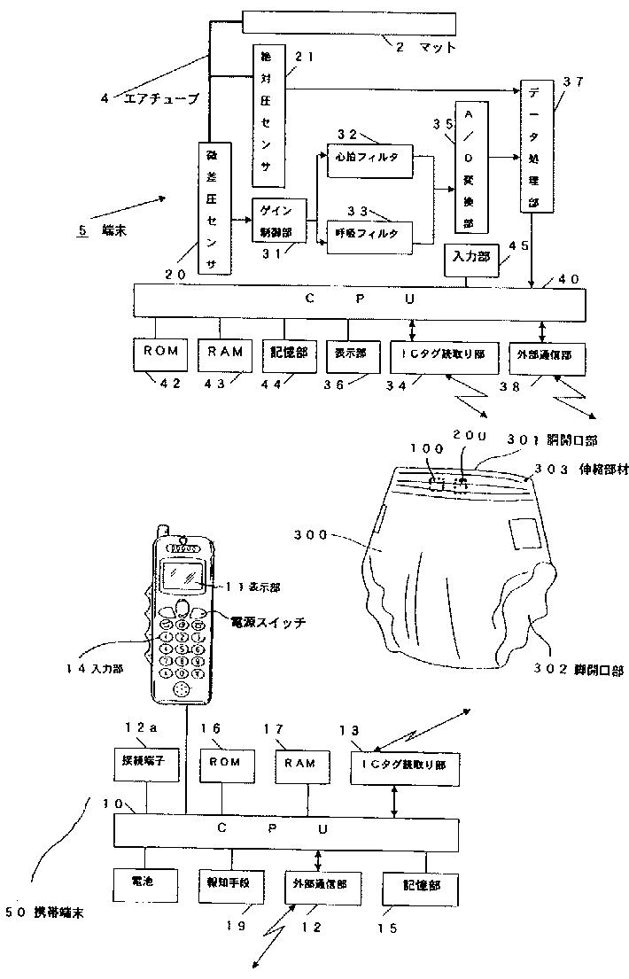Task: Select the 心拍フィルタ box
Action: point(369,158)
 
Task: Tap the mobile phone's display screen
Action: point(187,577)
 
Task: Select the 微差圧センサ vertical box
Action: point(214,210)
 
